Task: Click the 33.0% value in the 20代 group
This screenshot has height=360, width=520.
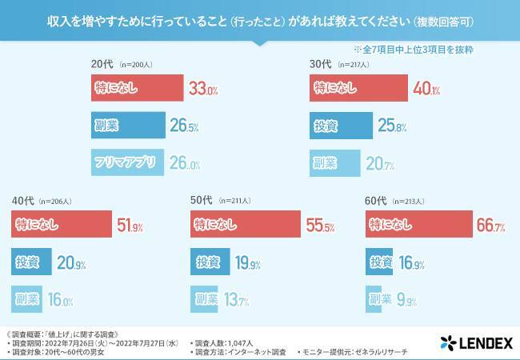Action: click(202, 89)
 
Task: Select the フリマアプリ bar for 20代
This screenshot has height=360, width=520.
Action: click(127, 162)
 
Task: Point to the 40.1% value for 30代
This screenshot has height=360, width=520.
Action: click(426, 89)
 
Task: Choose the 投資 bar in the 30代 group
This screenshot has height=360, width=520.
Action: click(341, 126)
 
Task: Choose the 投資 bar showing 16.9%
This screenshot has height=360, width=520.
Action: click(380, 263)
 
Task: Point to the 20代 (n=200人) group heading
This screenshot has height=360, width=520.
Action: click(121, 62)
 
